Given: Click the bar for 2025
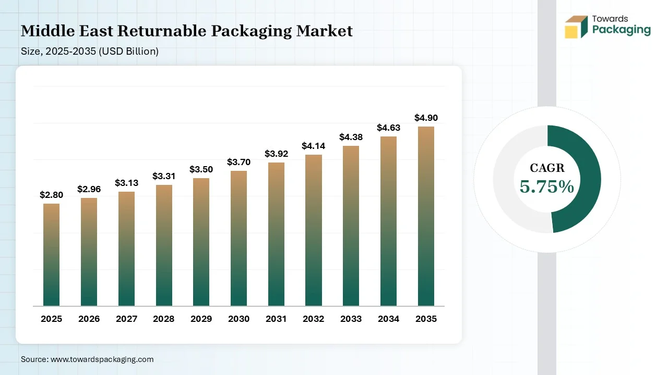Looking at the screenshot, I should (x=51, y=255).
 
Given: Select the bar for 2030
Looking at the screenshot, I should (x=238, y=238).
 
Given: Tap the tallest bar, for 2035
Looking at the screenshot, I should (x=426, y=216).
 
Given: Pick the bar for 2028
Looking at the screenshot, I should (x=163, y=245).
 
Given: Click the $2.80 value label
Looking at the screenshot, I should (x=51, y=195).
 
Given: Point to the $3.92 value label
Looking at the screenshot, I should (x=276, y=154).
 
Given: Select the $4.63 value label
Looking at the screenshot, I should (x=388, y=128).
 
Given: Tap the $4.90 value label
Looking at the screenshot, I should (x=426, y=118).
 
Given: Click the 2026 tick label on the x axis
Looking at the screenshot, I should (x=89, y=319).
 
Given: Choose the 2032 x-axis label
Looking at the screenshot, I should (x=313, y=319).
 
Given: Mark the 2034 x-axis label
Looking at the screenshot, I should (x=388, y=319).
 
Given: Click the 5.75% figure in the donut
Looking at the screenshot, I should (x=547, y=187).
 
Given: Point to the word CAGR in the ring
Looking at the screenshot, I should (x=547, y=168).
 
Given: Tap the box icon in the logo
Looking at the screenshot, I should (x=576, y=27).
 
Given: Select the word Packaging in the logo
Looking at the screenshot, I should (x=621, y=30).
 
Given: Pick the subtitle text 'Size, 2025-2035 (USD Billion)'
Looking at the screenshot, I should (x=90, y=51).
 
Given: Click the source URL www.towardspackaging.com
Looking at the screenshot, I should (x=101, y=359).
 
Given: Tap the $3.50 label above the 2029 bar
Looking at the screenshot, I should (x=201, y=169).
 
